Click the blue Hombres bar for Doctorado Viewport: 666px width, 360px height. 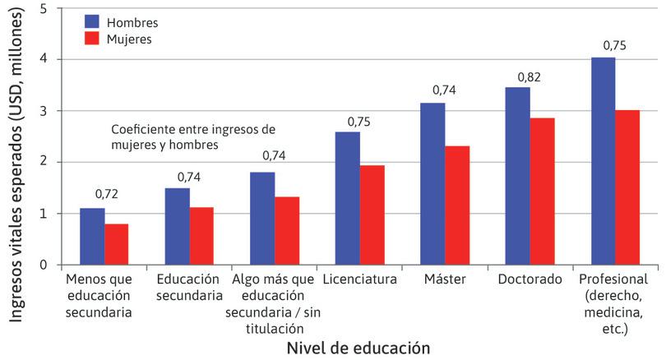[x=517, y=176]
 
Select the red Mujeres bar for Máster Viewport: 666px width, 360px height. [x=457, y=205]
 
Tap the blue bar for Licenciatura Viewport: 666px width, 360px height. [x=348, y=198]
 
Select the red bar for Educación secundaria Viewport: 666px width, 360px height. [x=201, y=236]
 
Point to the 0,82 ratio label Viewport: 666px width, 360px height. [x=530, y=76]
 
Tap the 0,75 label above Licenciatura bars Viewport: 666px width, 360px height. [x=359, y=121]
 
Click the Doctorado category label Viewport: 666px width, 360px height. [x=530, y=279]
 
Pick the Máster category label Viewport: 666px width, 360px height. [x=445, y=279]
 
